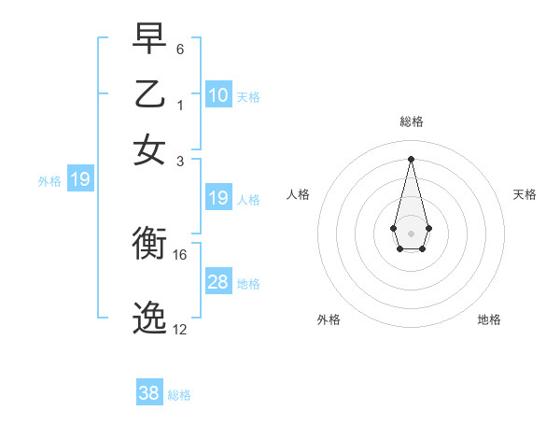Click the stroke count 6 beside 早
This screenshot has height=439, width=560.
point(179,48)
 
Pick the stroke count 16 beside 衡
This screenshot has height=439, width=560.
point(180,254)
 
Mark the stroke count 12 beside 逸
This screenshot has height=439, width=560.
point(180,329)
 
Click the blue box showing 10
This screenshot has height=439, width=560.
point(218,94)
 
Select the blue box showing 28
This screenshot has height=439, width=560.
point(218,281)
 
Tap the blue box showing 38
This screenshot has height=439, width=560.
point(149,393)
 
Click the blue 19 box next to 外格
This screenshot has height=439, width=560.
point(80,179)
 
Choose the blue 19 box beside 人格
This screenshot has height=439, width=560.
point(218,198)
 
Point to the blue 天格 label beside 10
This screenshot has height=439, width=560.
point(247,96)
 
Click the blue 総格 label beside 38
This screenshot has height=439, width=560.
point(179,395)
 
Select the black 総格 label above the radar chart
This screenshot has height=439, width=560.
point(411,121)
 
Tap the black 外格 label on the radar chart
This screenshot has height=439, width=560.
point(329,319)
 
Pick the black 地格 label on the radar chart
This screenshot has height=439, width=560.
point(489,319)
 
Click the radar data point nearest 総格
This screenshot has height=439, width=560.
point(411,158)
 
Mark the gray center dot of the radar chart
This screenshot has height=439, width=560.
point(411,232)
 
